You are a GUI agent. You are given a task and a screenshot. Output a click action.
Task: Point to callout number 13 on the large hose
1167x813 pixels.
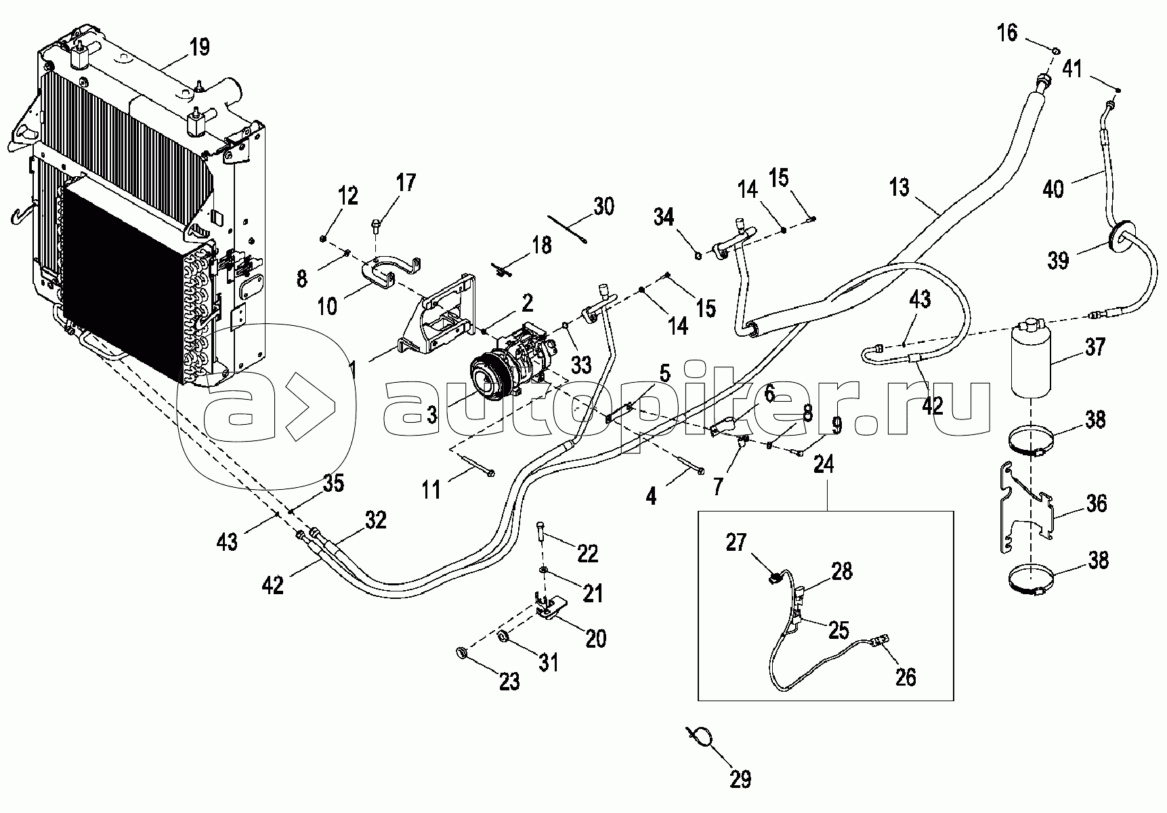[x=900, y=186]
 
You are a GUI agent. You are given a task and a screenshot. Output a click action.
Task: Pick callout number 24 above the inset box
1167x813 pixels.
[x=824, y=465]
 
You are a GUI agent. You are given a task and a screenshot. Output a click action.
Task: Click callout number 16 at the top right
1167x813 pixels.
[x=1007, y=31]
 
